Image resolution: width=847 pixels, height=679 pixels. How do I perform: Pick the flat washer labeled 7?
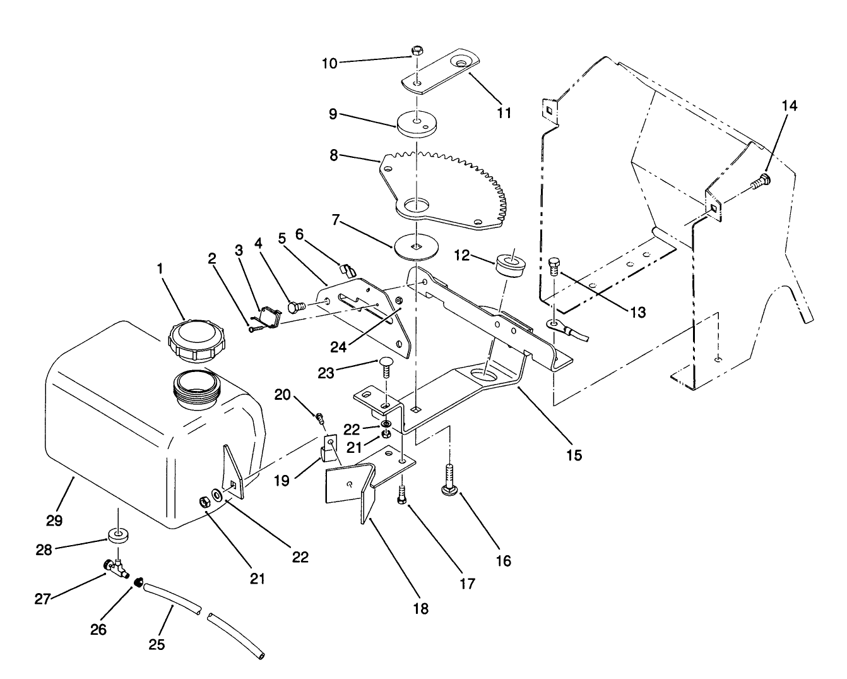coord(415,246)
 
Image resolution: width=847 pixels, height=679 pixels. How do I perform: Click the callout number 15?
coord(574,454)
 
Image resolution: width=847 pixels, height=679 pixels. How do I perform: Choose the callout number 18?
coord(420,608)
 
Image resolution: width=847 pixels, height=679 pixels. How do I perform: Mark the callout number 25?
coord(157,644)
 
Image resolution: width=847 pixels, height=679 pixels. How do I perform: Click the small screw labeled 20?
coord(321,418)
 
